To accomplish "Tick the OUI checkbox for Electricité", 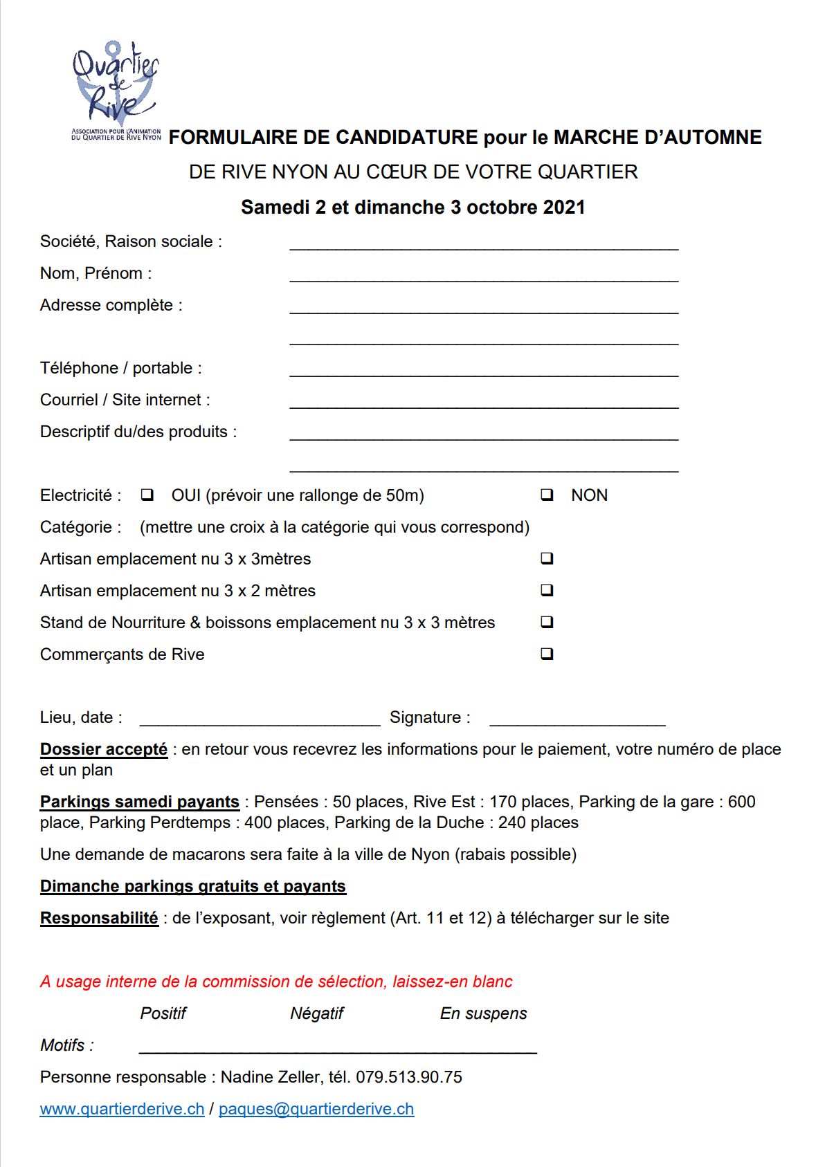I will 147,495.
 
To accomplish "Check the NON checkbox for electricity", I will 547,495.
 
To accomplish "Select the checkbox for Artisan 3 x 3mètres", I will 547,558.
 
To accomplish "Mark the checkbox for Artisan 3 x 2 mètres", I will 547,590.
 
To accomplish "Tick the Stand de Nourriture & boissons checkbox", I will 547,622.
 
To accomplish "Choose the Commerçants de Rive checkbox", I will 547,654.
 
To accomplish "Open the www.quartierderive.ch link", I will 123,1109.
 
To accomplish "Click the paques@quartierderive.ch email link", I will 316,1109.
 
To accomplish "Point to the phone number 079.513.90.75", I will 409,1077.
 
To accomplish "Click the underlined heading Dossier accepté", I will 104,749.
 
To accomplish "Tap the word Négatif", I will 317,1013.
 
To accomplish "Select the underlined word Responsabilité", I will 99,918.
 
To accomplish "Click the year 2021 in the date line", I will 564,208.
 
